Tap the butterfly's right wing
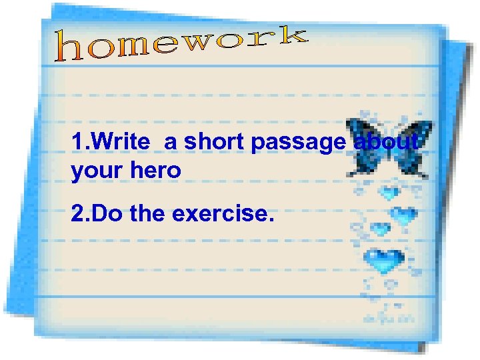tap(413, 147)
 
